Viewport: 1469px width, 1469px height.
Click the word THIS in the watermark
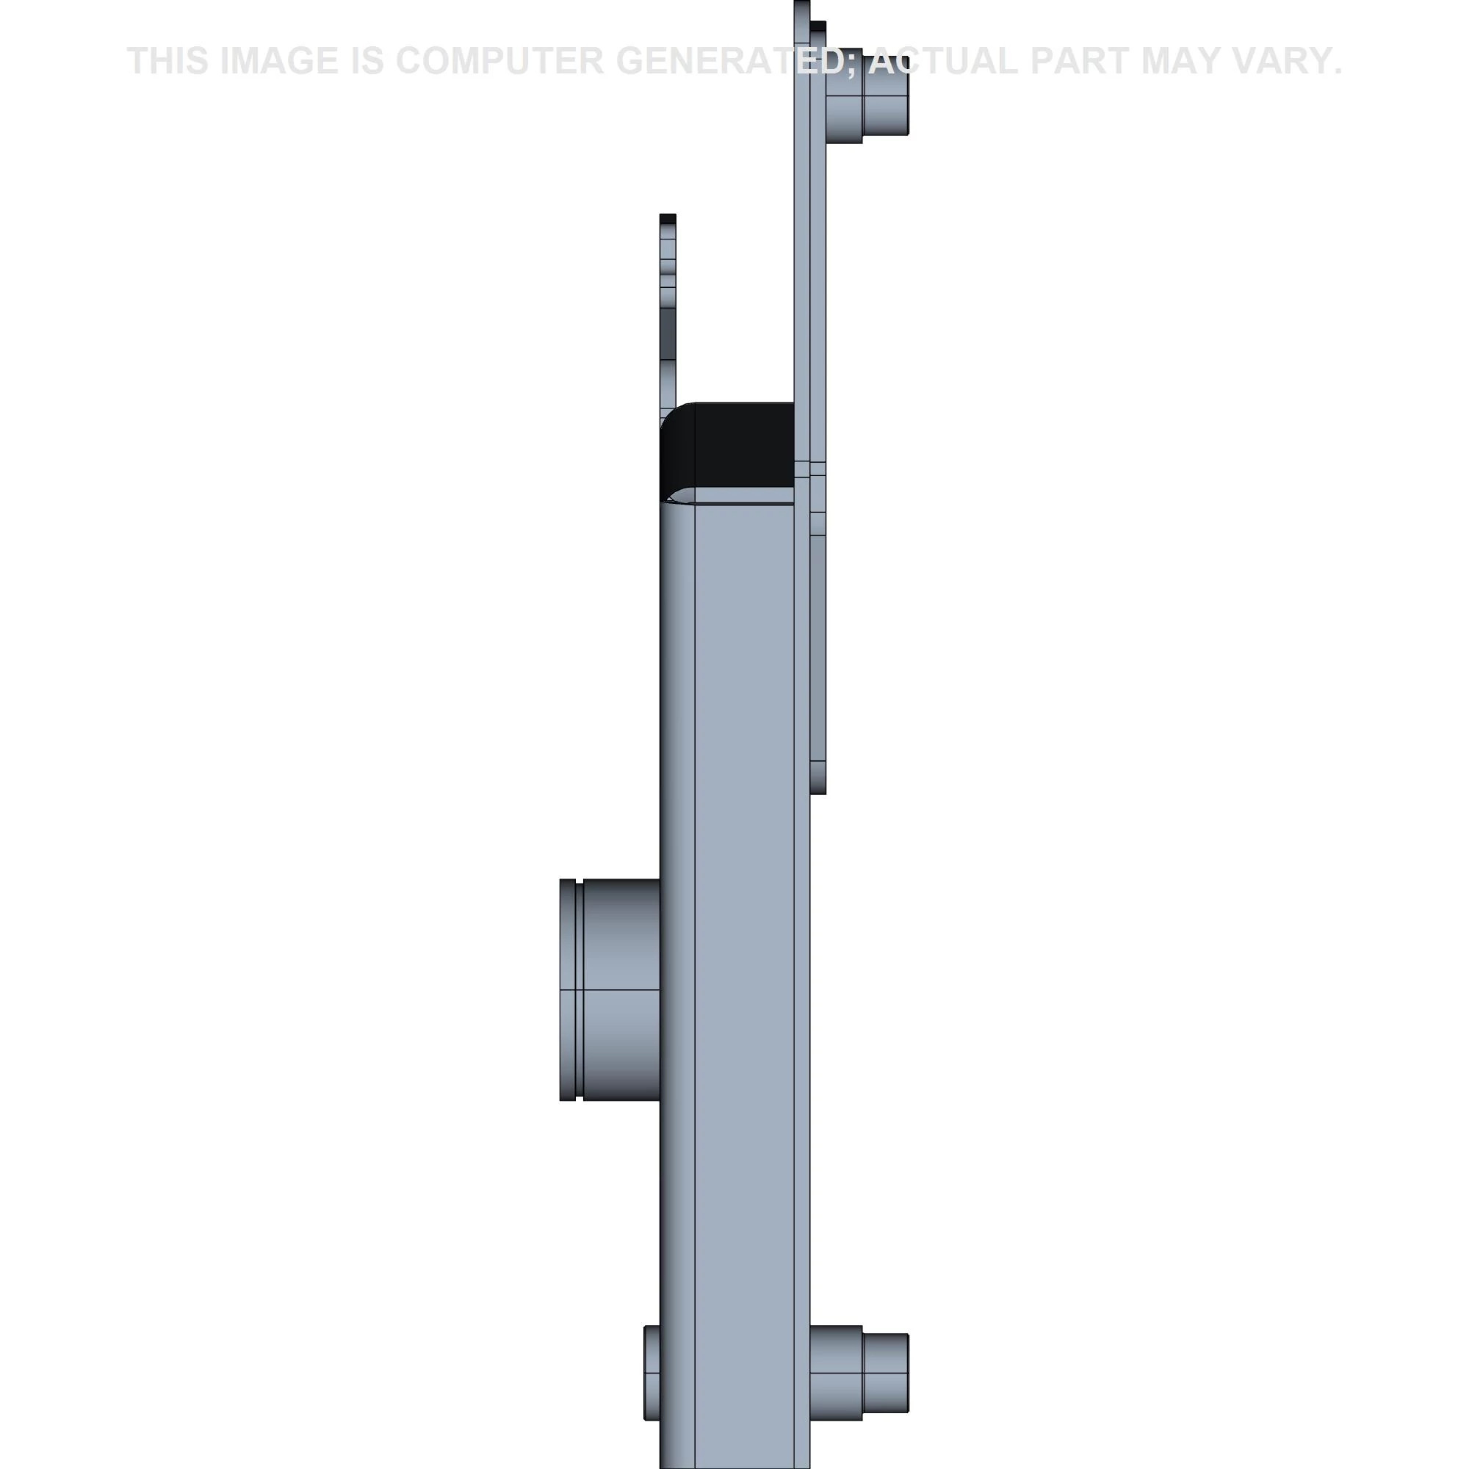tap(168, 61)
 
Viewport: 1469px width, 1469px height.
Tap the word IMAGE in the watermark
tap(278, 61)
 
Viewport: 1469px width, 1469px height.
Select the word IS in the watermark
tap(368, 61)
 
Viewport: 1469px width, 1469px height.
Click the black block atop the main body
tap(727, 452)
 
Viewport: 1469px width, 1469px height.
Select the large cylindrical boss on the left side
tap(610, 989)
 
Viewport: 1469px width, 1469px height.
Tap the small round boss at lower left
tap(652, 1373)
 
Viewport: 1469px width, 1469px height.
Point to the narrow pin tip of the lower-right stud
tap(886, 1374)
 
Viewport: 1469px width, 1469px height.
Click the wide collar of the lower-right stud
tap(837, 1373)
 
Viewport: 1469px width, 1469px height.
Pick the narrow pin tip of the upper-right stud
tap(886, 94)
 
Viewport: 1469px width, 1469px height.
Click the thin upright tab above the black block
tap(668, 311)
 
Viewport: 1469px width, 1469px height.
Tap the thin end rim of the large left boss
tap(567, 989)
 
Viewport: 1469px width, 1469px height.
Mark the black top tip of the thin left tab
tap(668, 219)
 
